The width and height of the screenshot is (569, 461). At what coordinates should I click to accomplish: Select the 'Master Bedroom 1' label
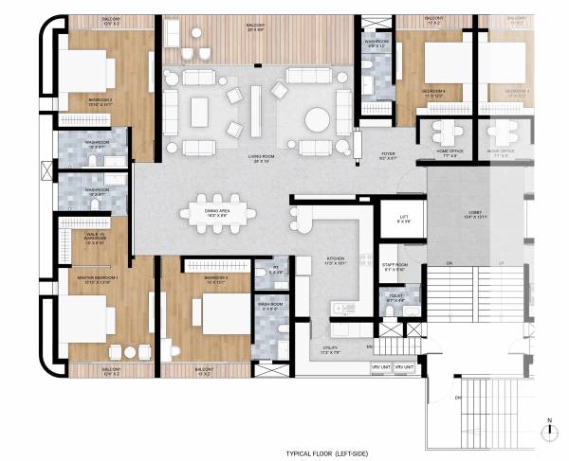pos(98,279)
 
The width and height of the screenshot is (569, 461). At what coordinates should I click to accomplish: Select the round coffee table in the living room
pos(316,119)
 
